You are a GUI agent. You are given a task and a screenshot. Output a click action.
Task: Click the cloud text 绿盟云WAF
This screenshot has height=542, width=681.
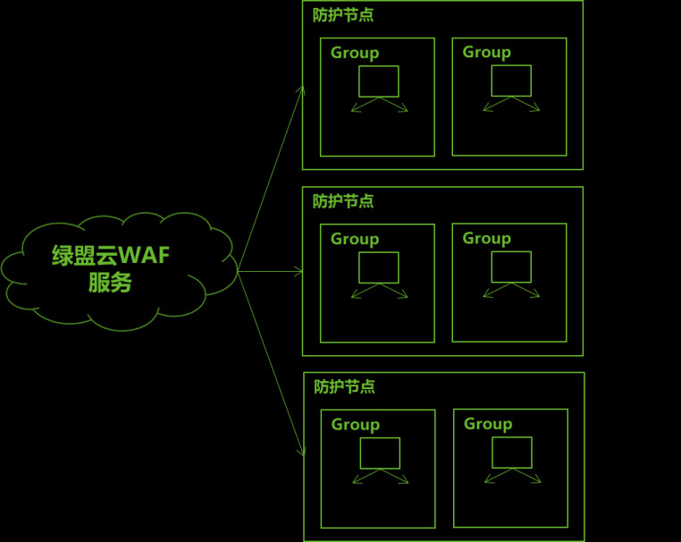[111, 256]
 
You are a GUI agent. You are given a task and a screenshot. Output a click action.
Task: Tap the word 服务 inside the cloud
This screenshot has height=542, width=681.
[110, 284]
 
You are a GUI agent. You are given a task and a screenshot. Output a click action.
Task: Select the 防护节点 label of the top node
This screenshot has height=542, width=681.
[343, 15]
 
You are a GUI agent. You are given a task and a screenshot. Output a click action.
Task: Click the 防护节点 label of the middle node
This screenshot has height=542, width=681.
[343, 201]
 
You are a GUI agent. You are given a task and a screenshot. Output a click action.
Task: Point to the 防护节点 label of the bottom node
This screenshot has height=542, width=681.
[344, 386]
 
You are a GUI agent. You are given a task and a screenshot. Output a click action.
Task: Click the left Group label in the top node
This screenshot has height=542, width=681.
[355, 53]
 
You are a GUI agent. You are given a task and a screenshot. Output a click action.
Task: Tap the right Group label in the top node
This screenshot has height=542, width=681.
[486, 52]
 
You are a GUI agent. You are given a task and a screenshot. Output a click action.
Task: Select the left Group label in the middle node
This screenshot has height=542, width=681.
[355, 239]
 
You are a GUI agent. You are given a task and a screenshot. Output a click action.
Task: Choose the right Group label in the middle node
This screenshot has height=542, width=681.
[486, 238]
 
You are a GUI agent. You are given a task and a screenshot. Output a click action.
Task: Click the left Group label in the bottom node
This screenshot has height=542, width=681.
[356, 424]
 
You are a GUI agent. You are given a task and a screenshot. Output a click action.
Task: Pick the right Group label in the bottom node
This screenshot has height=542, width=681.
[488, 423]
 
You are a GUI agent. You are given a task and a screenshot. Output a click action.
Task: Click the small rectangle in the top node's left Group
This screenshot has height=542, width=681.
[379, 81]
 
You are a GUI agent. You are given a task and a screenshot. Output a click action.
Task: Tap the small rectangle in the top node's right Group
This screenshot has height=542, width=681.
[511, 80]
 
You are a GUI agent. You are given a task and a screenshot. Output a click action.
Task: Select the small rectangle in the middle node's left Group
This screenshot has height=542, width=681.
[379, 267]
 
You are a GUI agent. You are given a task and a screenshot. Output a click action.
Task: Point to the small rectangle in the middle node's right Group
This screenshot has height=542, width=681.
[511, 267]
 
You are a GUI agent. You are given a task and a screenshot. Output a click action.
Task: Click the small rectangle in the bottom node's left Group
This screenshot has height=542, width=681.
[380, 453]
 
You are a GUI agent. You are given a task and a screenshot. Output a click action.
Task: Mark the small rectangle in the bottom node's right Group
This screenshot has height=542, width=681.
[512, 452]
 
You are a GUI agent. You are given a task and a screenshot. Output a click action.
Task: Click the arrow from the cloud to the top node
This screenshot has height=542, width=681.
[272, 179]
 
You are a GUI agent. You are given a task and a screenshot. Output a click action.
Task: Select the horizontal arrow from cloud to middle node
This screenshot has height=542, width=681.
[271, 271]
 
